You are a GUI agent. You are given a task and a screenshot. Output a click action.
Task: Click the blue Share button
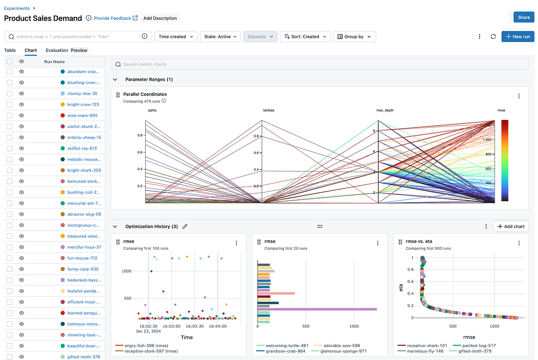coord(523,17)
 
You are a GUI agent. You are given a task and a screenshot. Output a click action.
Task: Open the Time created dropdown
coord(175,37)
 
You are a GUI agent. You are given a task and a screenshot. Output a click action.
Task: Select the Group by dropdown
coord(354,37)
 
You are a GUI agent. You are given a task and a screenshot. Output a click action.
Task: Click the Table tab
coord(10,50)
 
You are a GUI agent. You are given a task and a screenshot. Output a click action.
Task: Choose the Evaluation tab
coord(57,50)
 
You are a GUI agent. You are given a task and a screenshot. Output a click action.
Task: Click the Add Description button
coord(160,18)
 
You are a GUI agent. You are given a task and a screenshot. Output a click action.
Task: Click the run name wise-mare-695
coord(82,116)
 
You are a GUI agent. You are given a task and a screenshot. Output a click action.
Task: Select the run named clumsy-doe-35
coord(82,94)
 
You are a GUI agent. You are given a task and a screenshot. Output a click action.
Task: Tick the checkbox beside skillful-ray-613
coord(9,148)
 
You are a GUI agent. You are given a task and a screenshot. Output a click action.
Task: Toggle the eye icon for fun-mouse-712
coord(22,258)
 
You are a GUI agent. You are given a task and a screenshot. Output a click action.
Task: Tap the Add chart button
coord(511,226)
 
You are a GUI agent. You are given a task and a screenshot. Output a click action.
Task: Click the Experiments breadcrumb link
coord(17,8)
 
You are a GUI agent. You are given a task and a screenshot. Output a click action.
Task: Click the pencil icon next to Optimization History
coord(185,226)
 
